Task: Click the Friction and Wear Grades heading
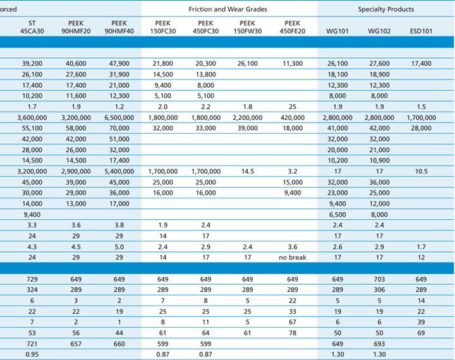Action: click(227, 9)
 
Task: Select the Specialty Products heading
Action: click(386, 9)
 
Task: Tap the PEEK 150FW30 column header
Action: click(248, 27)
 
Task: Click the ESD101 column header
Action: click(421, 31)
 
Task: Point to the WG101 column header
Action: click(337, 31)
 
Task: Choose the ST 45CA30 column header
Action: click(32, 27)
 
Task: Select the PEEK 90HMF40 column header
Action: click(119, 27)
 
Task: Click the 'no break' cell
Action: click(293, 257)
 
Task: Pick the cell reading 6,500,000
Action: click(119, 117)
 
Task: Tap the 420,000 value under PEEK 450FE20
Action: click(293, 117)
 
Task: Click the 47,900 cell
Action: click(119, 64)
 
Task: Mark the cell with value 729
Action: click(32, 279)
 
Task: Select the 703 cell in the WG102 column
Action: click(379, 279)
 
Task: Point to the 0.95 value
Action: click(32, 354)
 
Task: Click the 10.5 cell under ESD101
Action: click(421, 171)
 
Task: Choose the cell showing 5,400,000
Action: click(119, 171)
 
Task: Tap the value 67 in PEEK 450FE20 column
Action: click(293, 322)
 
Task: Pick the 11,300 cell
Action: click(293, 64)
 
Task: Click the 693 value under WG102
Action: click(379, 344)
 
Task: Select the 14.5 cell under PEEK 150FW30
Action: click(248, 171)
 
